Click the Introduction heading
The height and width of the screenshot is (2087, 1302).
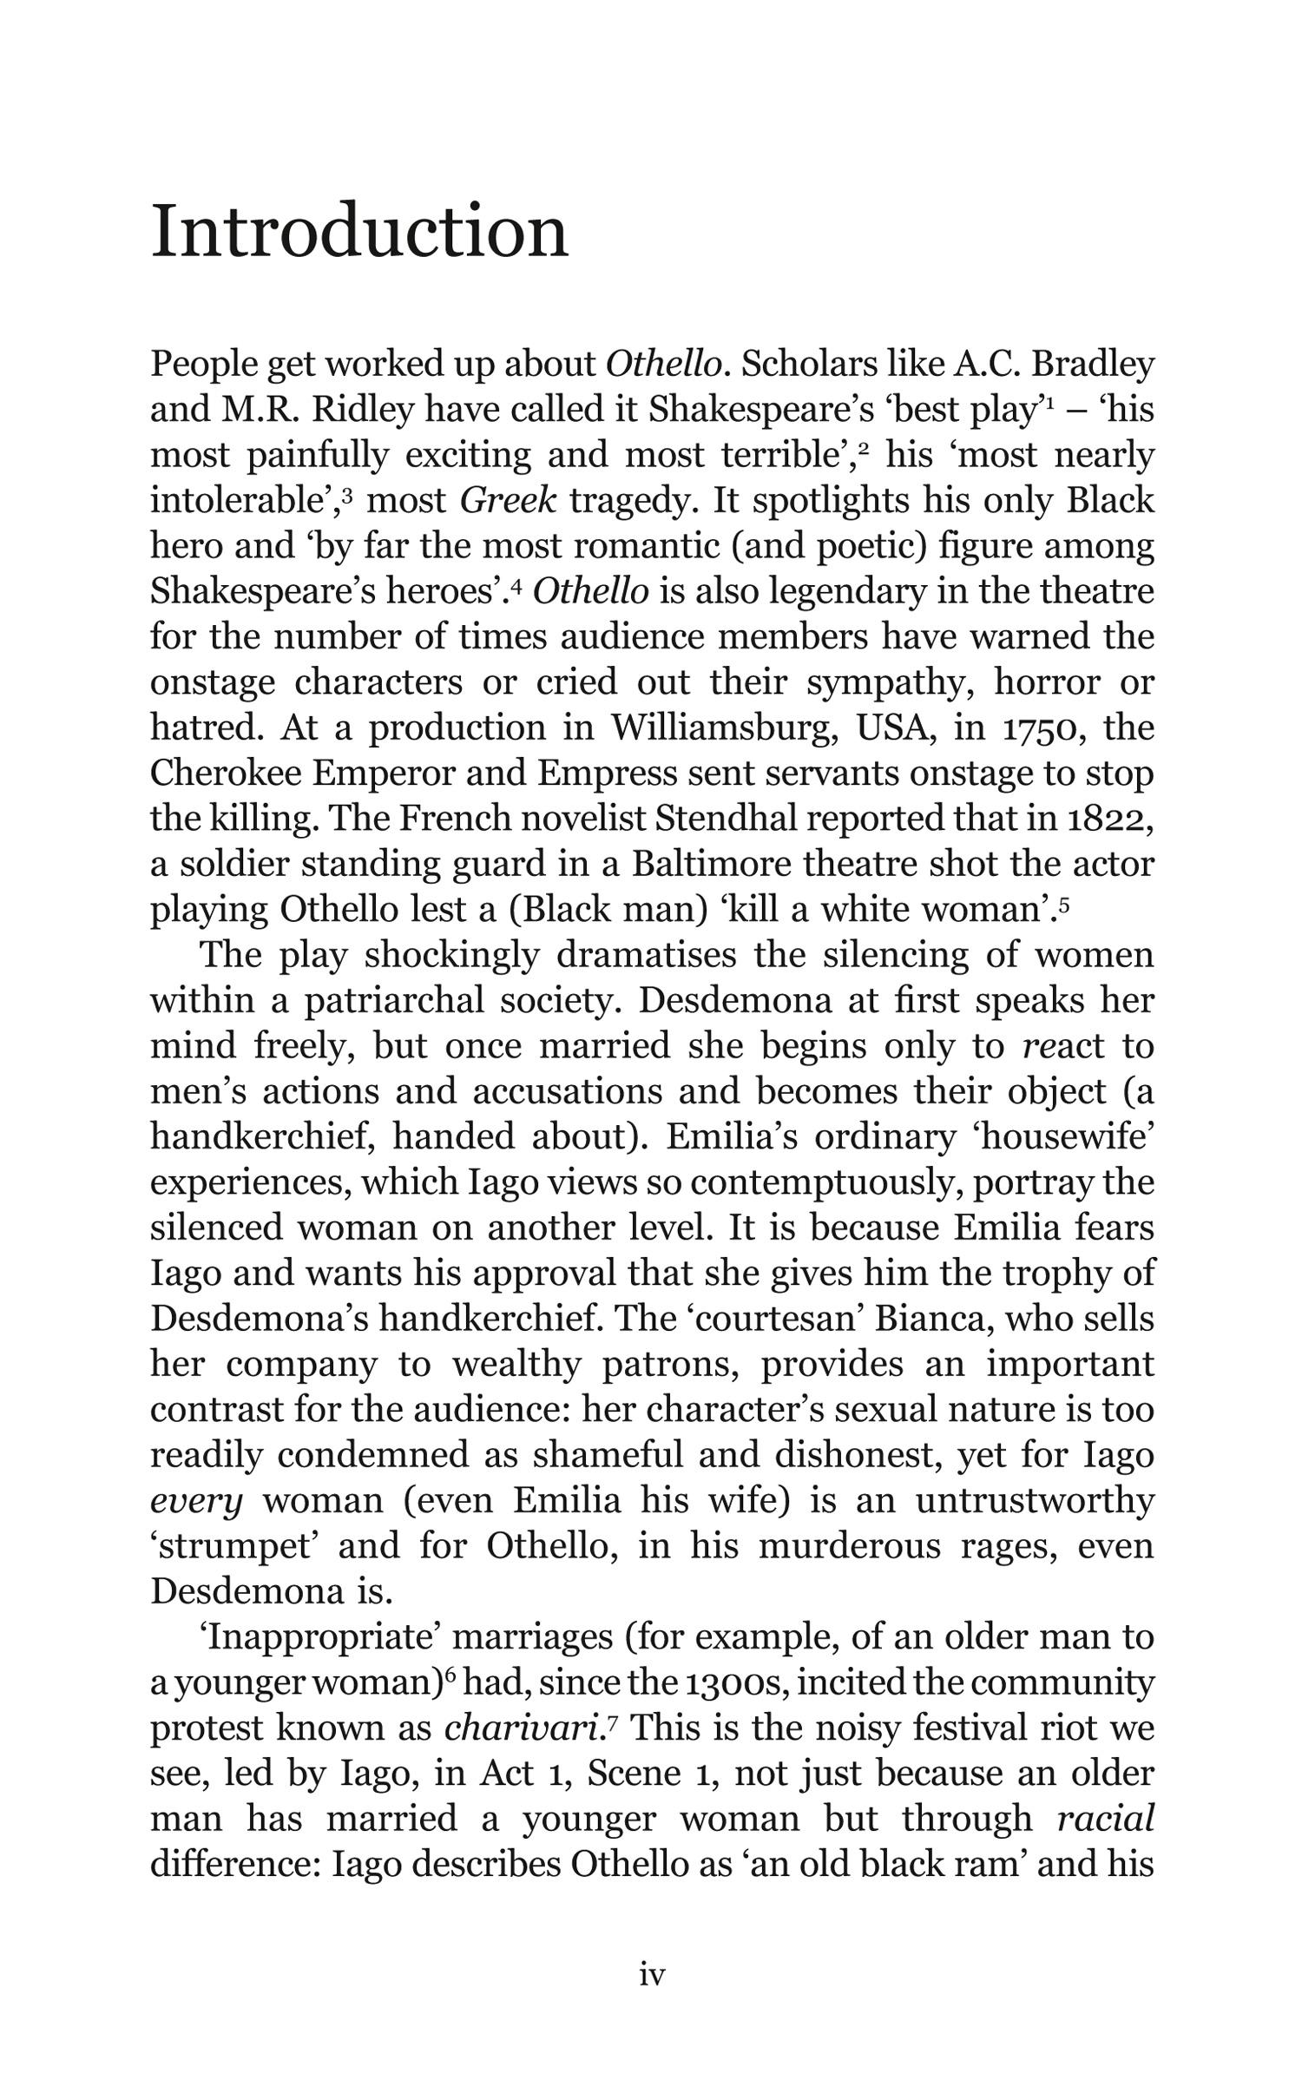[359, 231]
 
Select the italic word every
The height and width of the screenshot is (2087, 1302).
[197, 1501]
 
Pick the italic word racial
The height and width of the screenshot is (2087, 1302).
[1105, 1818]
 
